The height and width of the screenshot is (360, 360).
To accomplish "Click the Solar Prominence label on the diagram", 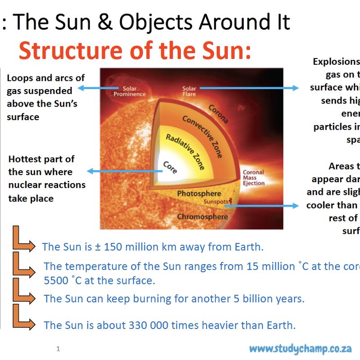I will pyautogui.click(x=129, y=91).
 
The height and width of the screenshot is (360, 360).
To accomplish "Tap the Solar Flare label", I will pyautogui.click(x=189, y=91).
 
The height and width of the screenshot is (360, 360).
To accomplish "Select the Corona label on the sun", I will pyautogui.click(x=218, y=114).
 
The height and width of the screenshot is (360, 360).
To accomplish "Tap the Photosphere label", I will pyautogui.click(x=199, y=193).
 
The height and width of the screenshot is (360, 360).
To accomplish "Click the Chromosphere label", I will pyautogui.click(x=202, y=217).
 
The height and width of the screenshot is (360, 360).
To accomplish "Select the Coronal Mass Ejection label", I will pyautogui.click(x=253, y=178).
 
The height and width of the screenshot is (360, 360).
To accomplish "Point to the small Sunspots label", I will pyautogui.click(x=216, y=202).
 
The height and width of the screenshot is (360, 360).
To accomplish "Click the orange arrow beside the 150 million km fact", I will pyautogui.click(x=23, y=240).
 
